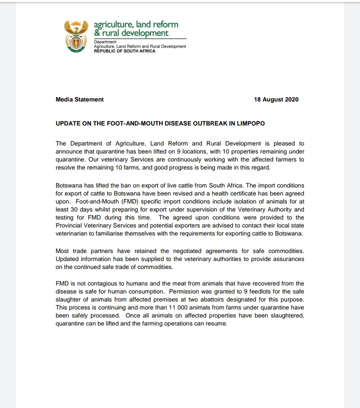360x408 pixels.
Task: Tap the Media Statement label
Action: click(79, 99)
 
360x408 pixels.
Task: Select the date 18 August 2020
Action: click(276, 99)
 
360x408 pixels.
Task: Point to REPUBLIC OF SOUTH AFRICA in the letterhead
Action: click(124, 51)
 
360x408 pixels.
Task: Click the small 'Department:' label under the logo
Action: click(105, 42)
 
